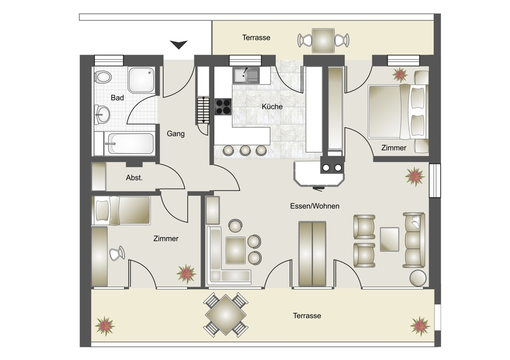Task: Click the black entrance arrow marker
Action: [178, 44]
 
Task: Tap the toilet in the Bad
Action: [103, 77]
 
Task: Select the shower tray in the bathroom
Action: [141, 81]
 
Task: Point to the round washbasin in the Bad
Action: [103, 114]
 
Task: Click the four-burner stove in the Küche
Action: [223, 107]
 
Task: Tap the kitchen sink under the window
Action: [246, 75]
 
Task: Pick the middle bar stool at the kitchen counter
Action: [245, 150]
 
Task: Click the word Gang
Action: [175, 134]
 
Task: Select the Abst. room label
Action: [134, 178]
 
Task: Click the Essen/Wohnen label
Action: [315, 206]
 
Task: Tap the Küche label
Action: [272, 107]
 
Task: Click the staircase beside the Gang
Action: [202, 110]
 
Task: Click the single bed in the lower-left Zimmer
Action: [121, 211]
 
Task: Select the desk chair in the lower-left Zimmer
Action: [117, 253]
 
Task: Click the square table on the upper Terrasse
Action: [323, 40]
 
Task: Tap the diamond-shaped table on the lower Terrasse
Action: [225, 315]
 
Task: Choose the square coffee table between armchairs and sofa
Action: [390, 239]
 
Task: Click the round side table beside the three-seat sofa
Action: [418, 278]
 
